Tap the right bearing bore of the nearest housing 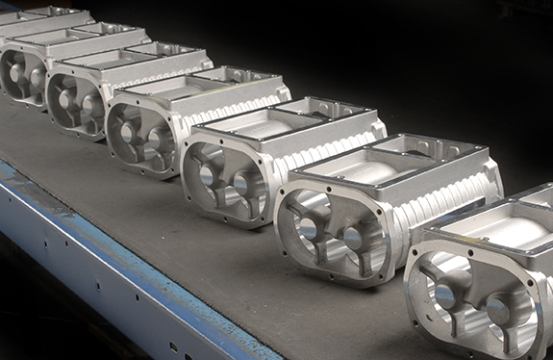click(498, 310)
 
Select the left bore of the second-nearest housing click(308, 227)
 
